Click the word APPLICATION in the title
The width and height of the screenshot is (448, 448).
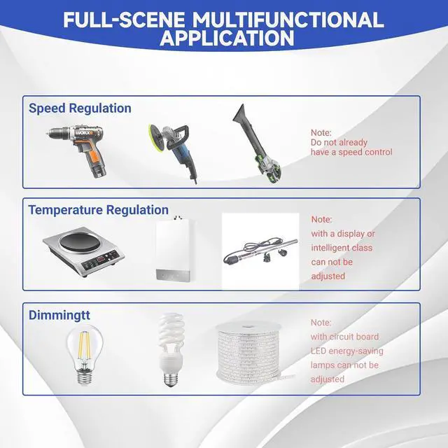[227, 38]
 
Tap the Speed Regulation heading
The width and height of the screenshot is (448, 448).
[80, 108]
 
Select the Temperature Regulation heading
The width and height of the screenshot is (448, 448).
[98, 210]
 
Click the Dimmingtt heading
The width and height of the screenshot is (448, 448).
[59, 316]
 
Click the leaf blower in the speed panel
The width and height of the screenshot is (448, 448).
[257, 143]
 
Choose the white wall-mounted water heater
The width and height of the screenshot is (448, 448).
[174, 248]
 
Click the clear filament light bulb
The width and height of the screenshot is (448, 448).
[84, 354]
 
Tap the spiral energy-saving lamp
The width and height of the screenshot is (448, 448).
[171, 350]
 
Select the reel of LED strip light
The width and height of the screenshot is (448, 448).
[248, 352]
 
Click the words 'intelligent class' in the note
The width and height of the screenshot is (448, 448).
[342, 248]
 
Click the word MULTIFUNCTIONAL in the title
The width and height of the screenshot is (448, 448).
[288, 20]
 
